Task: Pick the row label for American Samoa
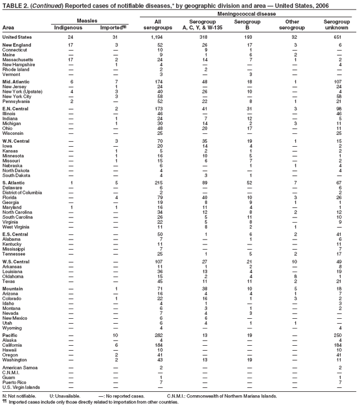[20, 368]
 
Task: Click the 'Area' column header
[8, 26]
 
